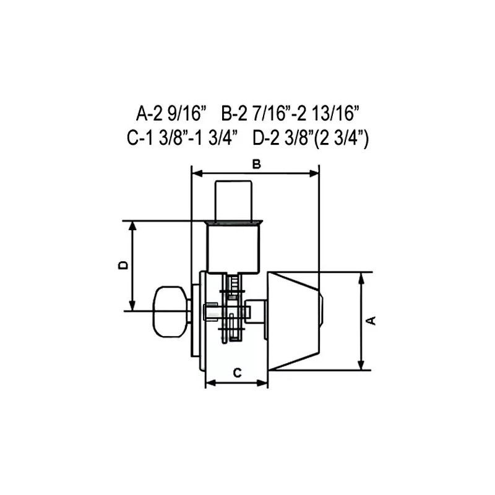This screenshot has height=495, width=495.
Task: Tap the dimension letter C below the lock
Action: [x=236, y=372]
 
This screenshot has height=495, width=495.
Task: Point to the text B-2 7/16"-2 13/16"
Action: [x=290, y=113]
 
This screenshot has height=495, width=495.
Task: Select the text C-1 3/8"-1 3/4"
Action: [x=182, y=138]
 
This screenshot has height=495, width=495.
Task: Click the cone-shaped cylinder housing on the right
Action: [x=293, y=321]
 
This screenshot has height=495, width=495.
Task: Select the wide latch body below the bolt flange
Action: [x=232, y=247]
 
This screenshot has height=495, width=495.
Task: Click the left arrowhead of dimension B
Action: [x=195, y=174]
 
